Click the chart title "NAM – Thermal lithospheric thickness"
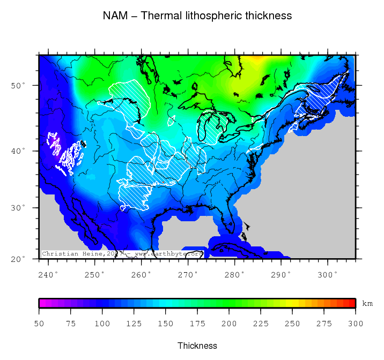point(197,16)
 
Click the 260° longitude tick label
point(142,274)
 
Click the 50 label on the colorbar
point(39,324)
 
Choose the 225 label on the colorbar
point(261,324)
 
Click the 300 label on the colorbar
point(356,324)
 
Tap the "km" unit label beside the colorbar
point(367,304)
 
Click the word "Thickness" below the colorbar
point(197,346)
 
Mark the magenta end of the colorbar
point(42,303)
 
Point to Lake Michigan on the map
point(204,129)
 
